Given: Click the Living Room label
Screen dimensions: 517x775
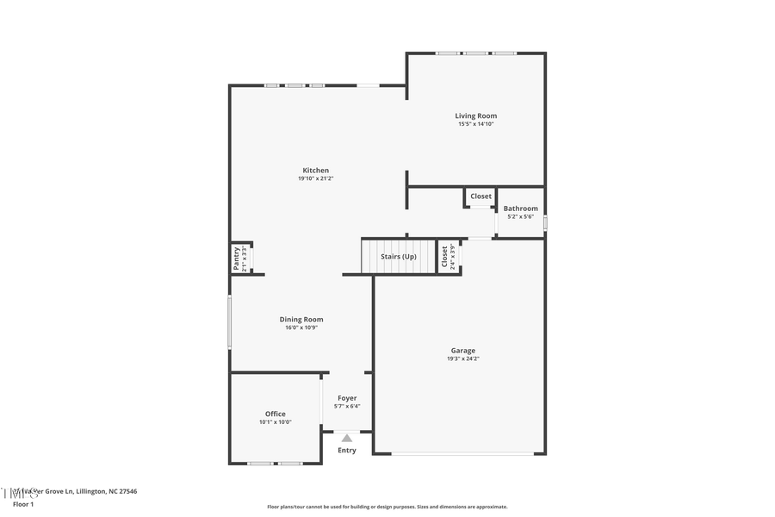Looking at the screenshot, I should (475, 115).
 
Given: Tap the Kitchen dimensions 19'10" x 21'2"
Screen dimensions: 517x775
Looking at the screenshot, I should (315, 178).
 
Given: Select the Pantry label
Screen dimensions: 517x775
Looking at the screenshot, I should (237, 258).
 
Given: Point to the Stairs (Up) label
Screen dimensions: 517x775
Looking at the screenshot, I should (399, 257).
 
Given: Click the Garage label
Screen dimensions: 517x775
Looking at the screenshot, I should (462, 351).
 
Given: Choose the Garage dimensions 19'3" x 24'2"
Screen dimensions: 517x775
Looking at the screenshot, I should (462, 358).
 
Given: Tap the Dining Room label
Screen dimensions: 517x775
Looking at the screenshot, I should (301, 320).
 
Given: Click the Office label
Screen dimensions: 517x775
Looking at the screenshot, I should (275, 414).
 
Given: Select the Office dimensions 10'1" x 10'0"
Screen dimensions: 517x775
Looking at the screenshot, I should (275, 422).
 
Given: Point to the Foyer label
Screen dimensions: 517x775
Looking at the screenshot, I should (347, 398).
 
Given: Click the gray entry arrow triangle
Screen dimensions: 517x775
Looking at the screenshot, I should (347, 439).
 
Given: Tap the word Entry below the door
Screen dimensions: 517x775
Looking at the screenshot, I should (347, 451).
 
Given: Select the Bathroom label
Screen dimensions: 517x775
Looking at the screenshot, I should (520, 209).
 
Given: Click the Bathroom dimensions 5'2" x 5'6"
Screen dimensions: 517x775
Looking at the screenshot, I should (520, 216).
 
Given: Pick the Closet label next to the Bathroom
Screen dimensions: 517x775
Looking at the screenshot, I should (480, 196).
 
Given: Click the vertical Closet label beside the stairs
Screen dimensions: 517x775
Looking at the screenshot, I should (445, 257).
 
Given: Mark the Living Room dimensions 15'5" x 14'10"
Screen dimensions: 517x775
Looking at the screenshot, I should (475, 124).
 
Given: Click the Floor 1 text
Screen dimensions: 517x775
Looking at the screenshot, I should (23, 503).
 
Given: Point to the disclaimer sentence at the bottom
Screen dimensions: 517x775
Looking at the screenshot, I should (387, 507).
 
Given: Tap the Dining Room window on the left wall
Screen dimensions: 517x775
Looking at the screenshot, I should (230, 322).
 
